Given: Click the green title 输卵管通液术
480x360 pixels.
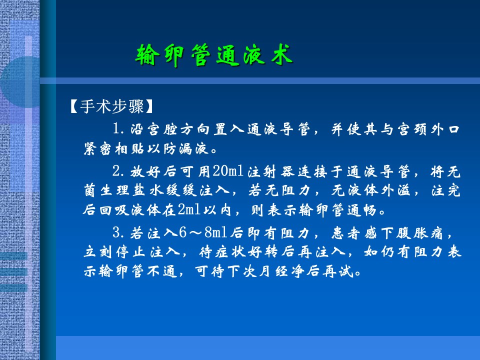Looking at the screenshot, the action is tap(214, 55).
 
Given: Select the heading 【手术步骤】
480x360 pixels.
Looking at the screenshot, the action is tap(111, 106).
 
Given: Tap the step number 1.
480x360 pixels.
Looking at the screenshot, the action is tap(118, 129).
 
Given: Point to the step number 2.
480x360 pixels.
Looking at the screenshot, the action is tap(118, 171).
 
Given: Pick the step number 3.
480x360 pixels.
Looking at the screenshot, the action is tap(118, 233).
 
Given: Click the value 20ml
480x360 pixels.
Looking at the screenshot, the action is tap(228, 171).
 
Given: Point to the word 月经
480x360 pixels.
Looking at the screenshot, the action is tap(272, 271).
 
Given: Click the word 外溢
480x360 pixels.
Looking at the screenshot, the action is tap(395, 190).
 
